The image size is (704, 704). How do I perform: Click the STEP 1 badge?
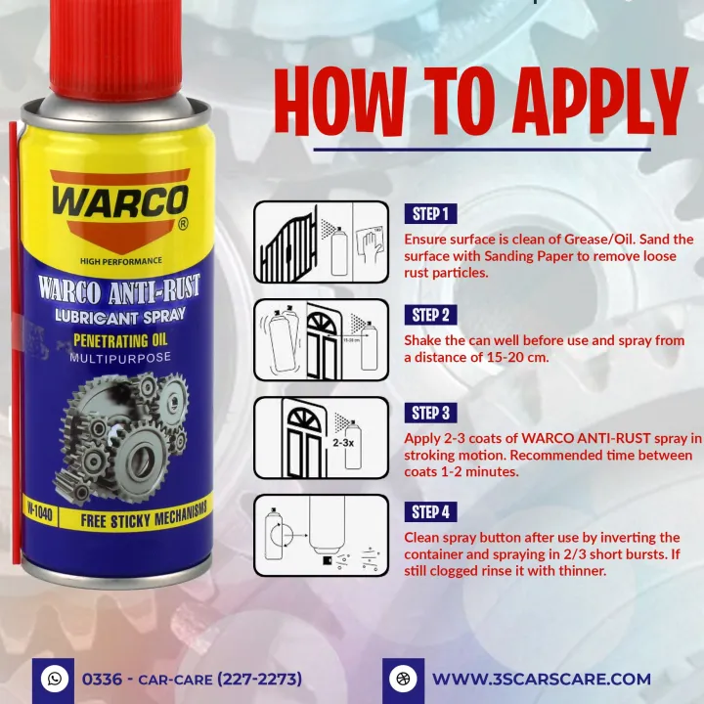430,214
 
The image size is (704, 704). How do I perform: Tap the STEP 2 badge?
430,315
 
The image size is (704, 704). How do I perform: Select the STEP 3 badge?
430,414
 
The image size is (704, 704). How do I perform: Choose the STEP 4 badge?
430,512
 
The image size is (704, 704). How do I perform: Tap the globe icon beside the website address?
402,678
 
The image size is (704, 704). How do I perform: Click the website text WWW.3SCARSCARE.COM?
541,679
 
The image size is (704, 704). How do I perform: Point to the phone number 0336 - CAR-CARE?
192,679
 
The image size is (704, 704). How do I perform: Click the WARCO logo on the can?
120,202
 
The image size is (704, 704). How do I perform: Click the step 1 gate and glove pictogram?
321,242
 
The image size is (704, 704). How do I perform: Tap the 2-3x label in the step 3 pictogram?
342,442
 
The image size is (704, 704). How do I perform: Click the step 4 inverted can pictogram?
321,537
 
